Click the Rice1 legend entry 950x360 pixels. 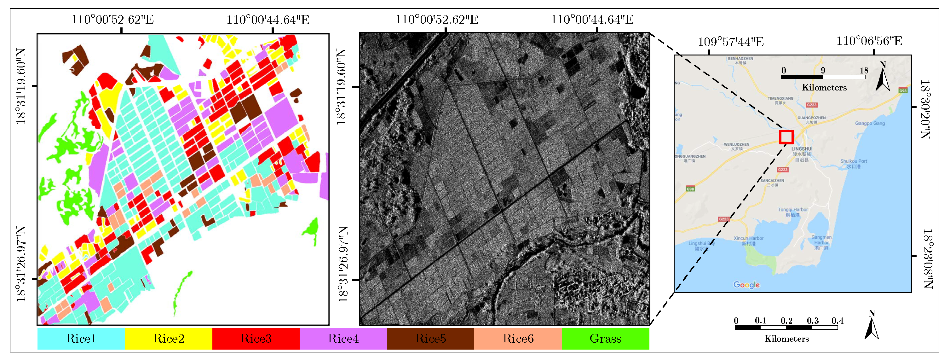pyautogui.click(x=81, y=339)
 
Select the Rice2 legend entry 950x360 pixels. pyautogui.click(x=169, y=339)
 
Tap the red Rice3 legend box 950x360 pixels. pyautogui.click(x=256, y=339)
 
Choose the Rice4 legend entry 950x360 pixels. pyautogui.click(x=343, y=339)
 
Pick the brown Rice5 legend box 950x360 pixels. pyautogui.click(x=430, y=339)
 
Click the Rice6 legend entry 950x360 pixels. pyautogui.click(x=518, y=339)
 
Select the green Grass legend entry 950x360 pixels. pyautogui.click(x=605, y=339)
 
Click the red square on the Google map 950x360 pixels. pyautogui.click(x=786, y=137)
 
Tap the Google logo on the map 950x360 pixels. pyautogui.click(x=746, y=285)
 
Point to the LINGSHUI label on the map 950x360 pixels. pyautogui.click(x=802, y=149)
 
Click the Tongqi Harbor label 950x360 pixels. pyautogui.click(x=792, y=210)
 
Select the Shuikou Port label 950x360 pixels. pyautogui.click(x=853, y=161)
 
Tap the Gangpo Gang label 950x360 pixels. pyautogui.click(x=870, y=123)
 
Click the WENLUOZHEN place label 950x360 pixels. pyautogui.click(x=736, y=145)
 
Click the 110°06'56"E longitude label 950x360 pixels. pyautogui.click(x=869, y=41)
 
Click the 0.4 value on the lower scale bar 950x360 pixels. pyautogui.click(x=837, y=321)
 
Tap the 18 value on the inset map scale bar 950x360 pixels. pyautogui.click(x=864, y=70)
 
